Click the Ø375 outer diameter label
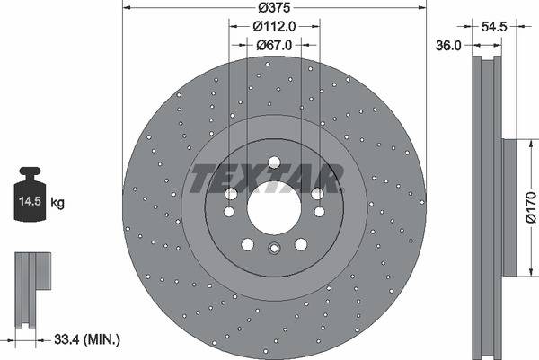point(274,10)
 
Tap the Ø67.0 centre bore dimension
point(274,45)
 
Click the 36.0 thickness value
point(450,45)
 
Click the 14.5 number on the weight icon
point(30,203)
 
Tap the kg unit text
point(57,204)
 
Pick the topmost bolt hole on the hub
point(274,163)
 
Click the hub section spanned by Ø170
point(508,208)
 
